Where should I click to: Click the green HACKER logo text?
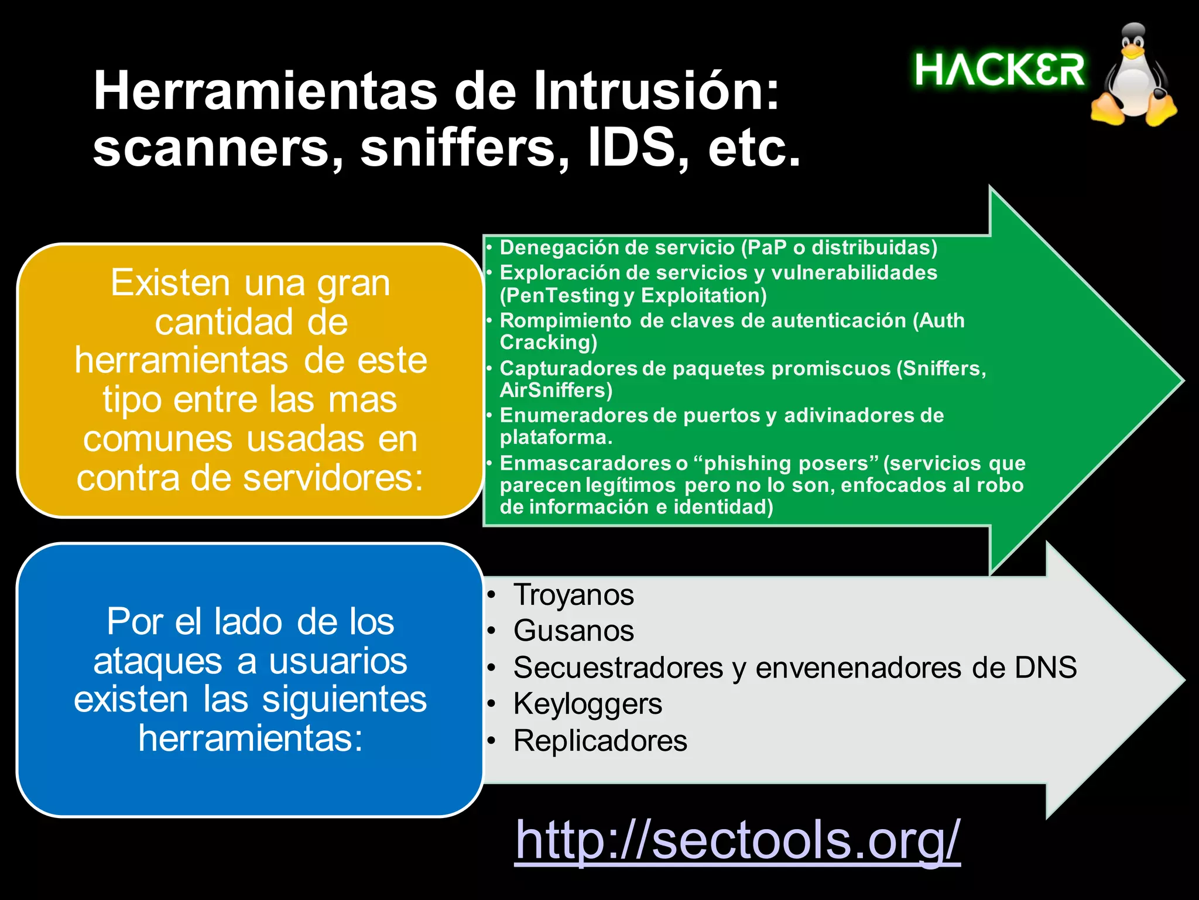coord(999,70)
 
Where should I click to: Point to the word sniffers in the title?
coord(457,148)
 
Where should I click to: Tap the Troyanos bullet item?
coord(573,595)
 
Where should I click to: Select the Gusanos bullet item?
coord(573,631)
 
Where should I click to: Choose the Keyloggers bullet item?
coord(587,703)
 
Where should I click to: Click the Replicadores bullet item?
coord(600,741)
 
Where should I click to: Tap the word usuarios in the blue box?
coord(338,661)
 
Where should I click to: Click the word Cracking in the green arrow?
coord(548,343)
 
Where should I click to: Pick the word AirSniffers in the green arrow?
coord(556,391)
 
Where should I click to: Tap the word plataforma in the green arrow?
coord(556,437)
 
